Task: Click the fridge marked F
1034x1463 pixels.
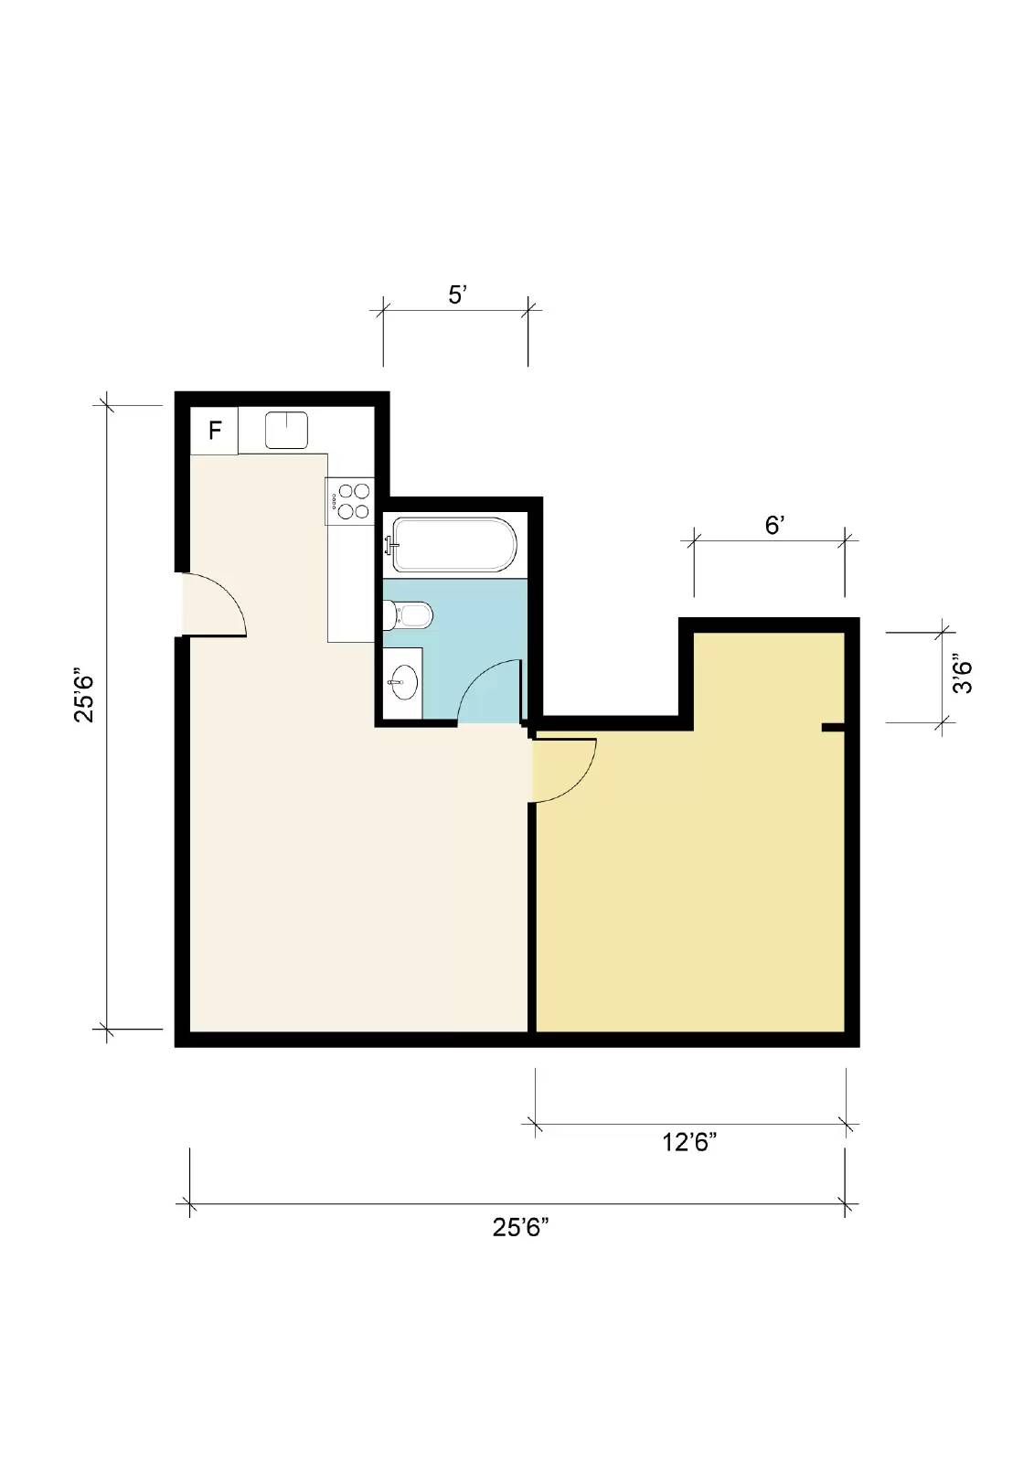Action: pyautogui.click(x=214, y=430)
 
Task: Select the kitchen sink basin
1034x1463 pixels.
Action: pyautogui.click(x=286, y=430)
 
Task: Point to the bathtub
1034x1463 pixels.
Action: pyautogui.click(x=451, y=545)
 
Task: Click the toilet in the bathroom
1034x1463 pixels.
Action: pyautogui.click(x=408, y=615)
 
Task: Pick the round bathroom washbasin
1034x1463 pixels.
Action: pyautogui.click(x=403, y=682)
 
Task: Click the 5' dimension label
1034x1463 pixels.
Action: pyautogui.click(x=456, y=295)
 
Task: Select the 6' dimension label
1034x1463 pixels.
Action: pyautogui.click(x=774, y=525)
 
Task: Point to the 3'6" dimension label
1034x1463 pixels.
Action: pyautogui.click(x=962, y=673)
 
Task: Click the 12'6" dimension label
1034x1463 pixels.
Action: pyautogui.click(x=689, y=1143)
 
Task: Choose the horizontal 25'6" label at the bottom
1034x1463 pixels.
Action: pyautogui.click(x=520, y=1228)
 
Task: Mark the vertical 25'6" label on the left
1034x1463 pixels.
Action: pyautogui.click(x=84, y=694)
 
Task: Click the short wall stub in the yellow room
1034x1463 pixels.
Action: pyautogui.click(x=834, y=727)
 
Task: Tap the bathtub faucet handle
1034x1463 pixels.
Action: pyautogui.click(x=391, y=544)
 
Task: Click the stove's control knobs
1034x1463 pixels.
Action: pyautogui.click(x=334, y=501)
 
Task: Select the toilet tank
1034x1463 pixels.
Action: pyautogui.click(x=389, y=615)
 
